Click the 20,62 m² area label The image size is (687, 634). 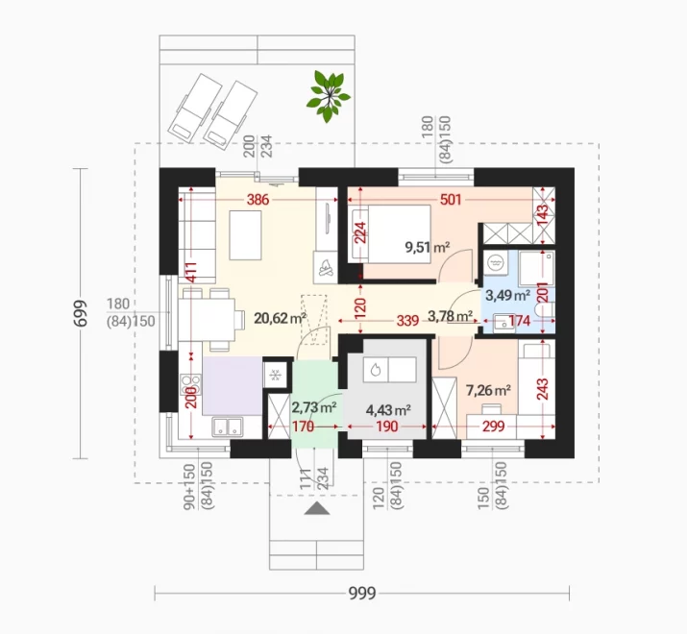click(280, 318)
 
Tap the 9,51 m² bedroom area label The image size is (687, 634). click(428, 248)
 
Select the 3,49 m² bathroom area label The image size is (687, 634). click(507, 295)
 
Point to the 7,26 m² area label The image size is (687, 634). click(488, 390)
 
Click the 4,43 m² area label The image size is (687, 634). click(388, 410)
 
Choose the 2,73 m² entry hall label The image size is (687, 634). click(314, 407)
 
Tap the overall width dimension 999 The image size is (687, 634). click(362, 594)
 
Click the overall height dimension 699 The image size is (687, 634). click(81, 313)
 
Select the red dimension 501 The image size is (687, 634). click(451, 200)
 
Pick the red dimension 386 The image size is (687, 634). click(258, 200)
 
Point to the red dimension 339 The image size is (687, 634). click(407, 321)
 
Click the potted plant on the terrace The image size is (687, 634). click(329, 96)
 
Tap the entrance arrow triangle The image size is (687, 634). click(317, 508)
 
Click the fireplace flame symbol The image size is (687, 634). click(325, 268)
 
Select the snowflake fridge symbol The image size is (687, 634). click(276, 375)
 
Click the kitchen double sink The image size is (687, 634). click(228, 427)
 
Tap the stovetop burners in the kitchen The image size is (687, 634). click(190, 384)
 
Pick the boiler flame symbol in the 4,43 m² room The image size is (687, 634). click(376, 370)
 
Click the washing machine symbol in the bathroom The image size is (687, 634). click(496, 263)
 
